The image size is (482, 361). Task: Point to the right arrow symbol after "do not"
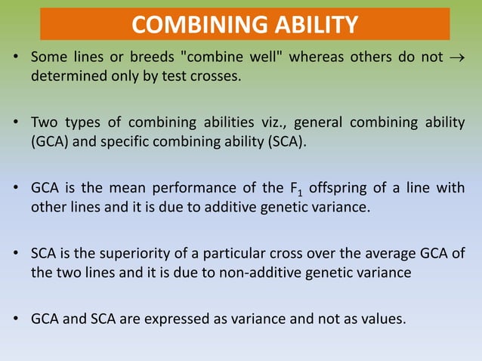pos(458,59)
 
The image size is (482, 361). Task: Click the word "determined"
pos(68,77)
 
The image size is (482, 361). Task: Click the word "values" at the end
pos(384,318)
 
